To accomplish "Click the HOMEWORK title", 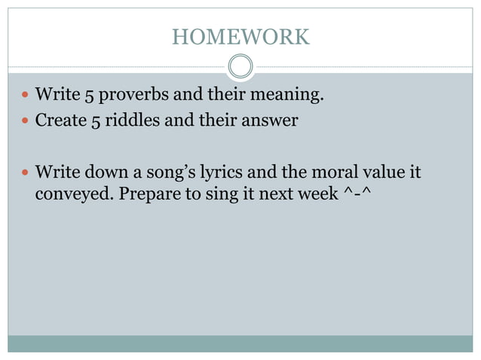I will coord(240,36).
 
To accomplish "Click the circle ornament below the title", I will coord(240,68).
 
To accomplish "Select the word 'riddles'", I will coord(139,120).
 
